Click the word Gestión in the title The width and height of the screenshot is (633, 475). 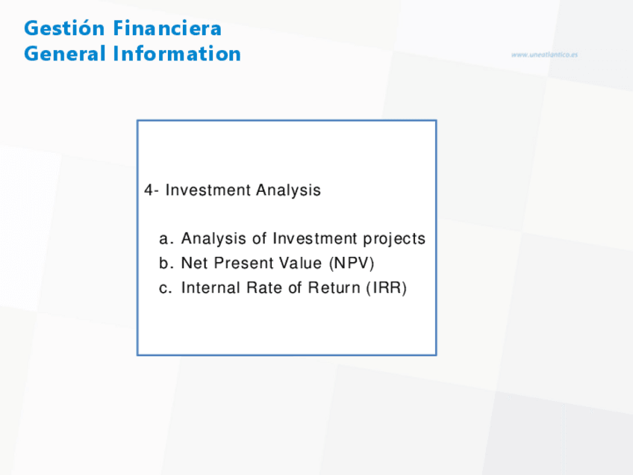(x=65, y=28)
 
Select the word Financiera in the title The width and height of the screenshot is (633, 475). (x=167, y=28)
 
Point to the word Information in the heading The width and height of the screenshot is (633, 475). (x=177, y=53)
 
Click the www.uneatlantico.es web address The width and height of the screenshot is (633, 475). (x=544, y=55)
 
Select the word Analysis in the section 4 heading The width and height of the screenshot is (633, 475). (x=288, y=190)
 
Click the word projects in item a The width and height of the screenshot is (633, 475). (x=394, y=239)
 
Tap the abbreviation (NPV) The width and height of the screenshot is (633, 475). (x=352, y=263)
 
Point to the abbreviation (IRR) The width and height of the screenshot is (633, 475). (x=387, y=288)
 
